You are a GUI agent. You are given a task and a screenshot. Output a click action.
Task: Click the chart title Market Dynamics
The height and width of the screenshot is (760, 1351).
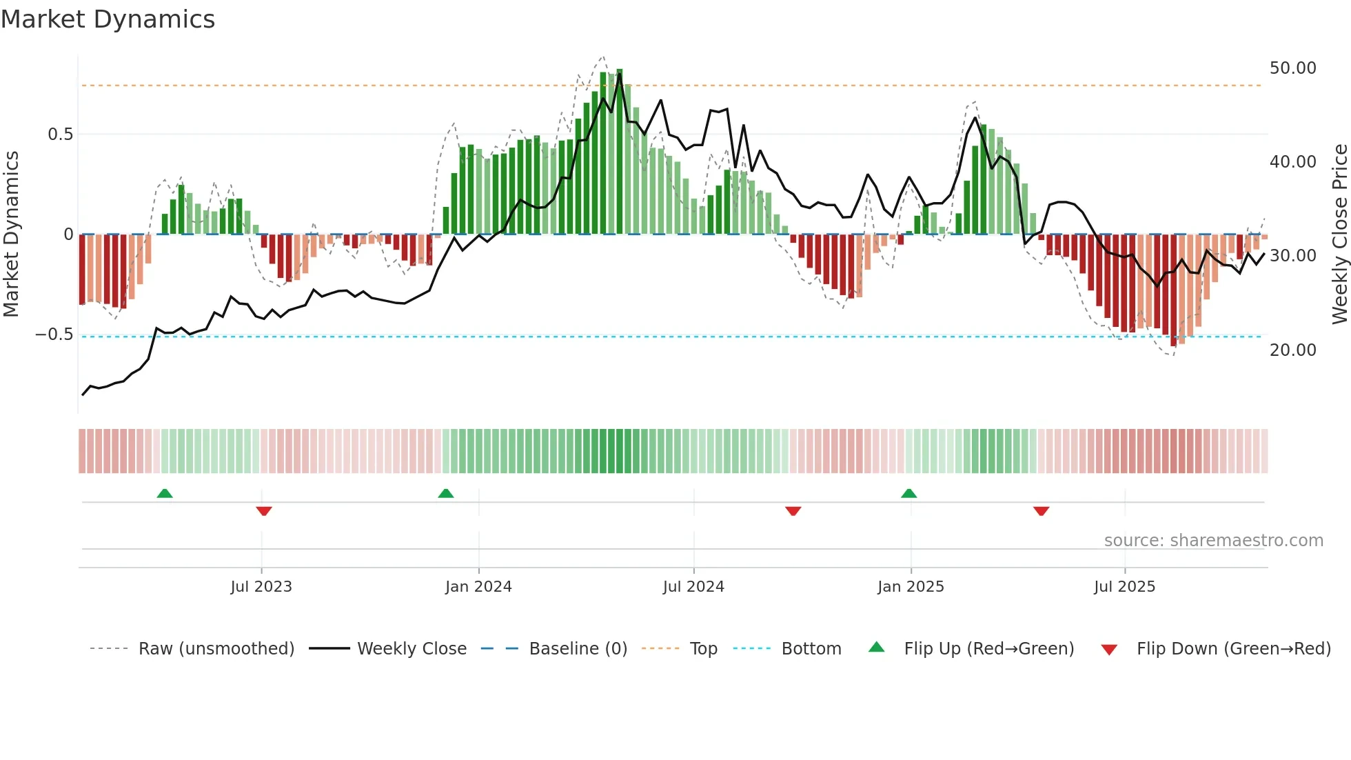(108, 19)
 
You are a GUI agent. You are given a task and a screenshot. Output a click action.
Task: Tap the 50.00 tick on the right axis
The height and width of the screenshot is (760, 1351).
(1292, 68)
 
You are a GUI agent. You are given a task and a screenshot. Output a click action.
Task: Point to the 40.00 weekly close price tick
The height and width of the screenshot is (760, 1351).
(1292, 162)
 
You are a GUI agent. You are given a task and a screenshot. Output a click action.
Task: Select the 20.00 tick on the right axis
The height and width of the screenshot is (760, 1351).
(1292, 350)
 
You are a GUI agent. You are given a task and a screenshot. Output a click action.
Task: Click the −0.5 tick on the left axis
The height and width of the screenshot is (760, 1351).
(54, 334)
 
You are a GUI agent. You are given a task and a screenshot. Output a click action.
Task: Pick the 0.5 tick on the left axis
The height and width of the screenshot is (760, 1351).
(60, 134)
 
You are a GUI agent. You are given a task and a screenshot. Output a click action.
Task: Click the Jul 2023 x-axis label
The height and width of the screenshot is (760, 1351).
(261, 587)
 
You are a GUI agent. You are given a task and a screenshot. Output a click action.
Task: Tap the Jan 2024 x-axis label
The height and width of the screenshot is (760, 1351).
(478, 587)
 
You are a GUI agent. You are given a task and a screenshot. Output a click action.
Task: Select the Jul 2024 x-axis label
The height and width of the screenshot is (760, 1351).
(693, 587)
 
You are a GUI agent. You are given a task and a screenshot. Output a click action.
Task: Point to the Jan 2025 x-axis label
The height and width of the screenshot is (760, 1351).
(911, 587)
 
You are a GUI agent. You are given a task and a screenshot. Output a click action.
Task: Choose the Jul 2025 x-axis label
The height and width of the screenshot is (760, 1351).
(1124, 587)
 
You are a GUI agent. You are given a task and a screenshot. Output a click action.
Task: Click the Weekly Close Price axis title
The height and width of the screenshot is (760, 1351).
(1339, 234)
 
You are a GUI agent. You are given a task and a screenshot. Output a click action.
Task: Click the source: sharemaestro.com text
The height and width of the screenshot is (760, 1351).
(1213, 541)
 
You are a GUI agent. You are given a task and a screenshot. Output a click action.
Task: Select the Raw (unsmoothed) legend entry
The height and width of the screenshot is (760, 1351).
(216, 649)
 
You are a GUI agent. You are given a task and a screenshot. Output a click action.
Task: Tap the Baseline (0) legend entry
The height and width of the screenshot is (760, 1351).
(578, 649)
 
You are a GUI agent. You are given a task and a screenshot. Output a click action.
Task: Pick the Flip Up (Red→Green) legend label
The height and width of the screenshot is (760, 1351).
(988, 649)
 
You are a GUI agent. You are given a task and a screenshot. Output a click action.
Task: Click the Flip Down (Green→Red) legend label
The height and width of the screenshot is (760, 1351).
(1233, 649)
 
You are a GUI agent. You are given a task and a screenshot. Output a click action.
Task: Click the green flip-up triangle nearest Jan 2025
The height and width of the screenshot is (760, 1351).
(908, 494)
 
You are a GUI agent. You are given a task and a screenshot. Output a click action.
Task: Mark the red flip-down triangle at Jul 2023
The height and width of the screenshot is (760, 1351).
(264, 511)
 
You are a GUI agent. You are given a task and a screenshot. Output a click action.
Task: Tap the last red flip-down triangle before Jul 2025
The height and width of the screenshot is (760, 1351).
(1041, 511)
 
